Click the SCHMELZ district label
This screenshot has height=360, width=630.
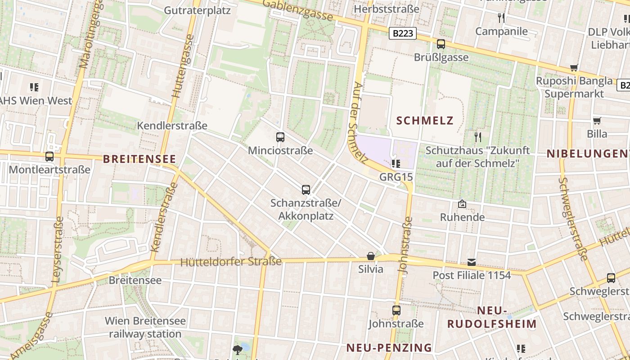tap(425, 121)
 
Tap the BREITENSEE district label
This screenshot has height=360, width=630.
tap(139, 159)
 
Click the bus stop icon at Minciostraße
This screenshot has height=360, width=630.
tap(280, 137)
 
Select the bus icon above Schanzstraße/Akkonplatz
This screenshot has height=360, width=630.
tap(306, 189)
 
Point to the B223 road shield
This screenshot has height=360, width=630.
tap(402, 33)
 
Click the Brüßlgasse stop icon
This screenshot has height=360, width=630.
tap(441, 44)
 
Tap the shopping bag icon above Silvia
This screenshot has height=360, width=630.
tap(371, 256)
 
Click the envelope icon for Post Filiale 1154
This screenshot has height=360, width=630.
tap(472, 262)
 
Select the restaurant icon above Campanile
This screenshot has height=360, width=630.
tap(501, 18)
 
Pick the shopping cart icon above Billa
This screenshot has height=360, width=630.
tap(597, 121)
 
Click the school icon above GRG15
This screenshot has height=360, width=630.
tap(396, 163)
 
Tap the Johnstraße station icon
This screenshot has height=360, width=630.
tap(396, 310)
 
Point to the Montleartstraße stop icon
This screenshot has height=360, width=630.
tap(49, 157)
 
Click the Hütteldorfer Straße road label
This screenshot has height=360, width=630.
tap(231, 261)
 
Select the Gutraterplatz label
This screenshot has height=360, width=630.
tap(197, 10)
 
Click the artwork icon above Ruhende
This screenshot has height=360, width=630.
tap(462, 204)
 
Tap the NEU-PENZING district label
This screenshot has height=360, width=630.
tap(389, 347)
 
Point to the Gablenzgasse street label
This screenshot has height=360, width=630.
tap(298, 10)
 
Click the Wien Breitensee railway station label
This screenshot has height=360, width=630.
tap(145, 327)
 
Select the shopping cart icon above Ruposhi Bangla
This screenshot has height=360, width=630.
tap(574, 68)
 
